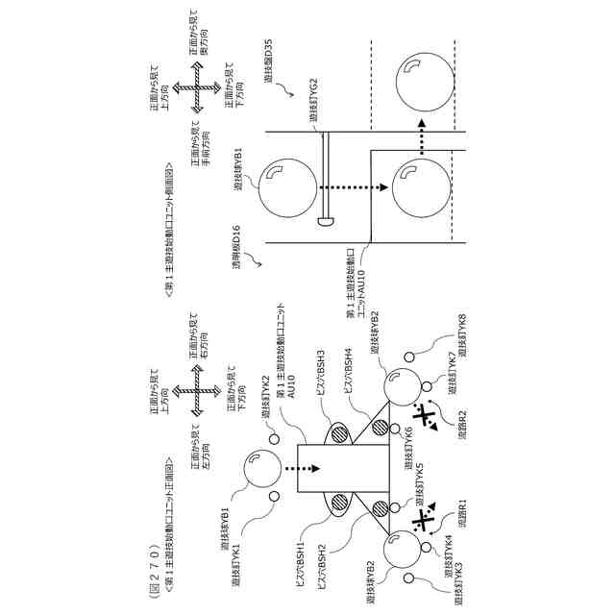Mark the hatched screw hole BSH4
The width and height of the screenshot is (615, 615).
click(381, 428)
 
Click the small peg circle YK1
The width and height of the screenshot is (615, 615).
click(274, 496)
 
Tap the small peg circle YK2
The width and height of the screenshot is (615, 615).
click(274, 439)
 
